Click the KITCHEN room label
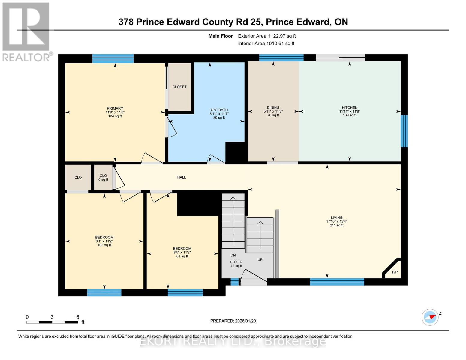point(350,107)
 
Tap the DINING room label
point(273,107)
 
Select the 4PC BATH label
point(219,110)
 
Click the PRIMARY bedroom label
point(115,108)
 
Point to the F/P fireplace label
point(395,272)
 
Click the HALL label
point(182,177)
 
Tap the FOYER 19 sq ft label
point(236,264)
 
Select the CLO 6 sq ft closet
point(103,177)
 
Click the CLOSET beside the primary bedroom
point(179,87)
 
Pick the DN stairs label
point(233,255)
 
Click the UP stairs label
point(260,259)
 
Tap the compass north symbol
point(430,317)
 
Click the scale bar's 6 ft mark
point(77,317)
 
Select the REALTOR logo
point(26,31)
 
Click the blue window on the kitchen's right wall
point(404,131)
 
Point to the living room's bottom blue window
point(337,282)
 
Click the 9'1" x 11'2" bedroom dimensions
point(104,241)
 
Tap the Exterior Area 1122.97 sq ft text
point(267,36)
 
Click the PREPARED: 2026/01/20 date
point(233,321)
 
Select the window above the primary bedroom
point(113,58)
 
